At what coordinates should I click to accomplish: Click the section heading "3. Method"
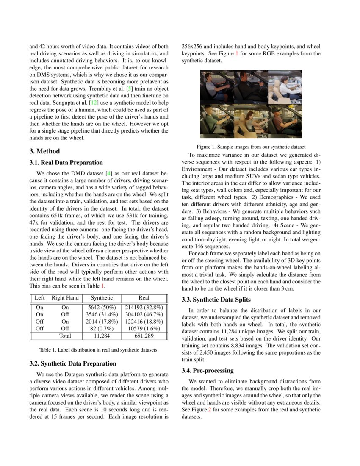44,151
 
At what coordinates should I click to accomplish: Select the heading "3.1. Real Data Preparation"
66,163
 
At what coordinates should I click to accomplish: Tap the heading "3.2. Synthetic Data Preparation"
73,363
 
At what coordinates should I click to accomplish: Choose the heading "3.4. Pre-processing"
208,371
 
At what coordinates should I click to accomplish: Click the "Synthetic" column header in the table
102,298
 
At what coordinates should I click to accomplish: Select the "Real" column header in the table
144,298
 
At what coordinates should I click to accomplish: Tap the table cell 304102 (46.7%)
144,315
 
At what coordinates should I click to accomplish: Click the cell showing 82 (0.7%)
102,328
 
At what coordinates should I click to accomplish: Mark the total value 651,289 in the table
144,336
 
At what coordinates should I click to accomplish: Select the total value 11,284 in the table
102,336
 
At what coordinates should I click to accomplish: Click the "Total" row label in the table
65,336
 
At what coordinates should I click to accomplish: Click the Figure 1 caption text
251,147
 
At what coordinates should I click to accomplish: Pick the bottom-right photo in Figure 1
285,121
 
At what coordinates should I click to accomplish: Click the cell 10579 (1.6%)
144,328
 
